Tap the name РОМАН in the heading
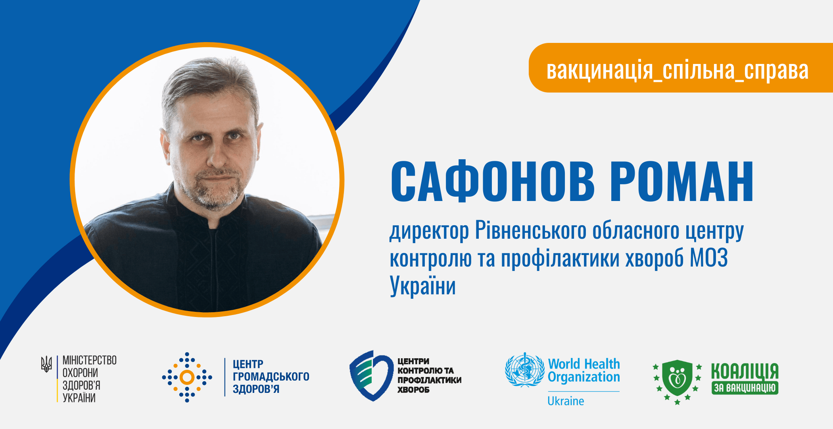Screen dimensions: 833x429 pyautogui.click(x=681, y=182)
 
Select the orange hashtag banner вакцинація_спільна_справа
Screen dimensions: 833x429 pyautogui.click(x=681, y=68)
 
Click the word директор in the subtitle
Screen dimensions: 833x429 pyautogui.click(x=429, y=232)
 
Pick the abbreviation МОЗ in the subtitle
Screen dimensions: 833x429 pyautogui.click(x=709, y=258)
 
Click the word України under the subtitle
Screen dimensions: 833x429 pyautogui.click(x=423, y=286)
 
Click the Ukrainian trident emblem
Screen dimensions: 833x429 pyautogui.click(x=46, y=364)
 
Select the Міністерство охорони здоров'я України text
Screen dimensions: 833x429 pyautogui.click(x=89, y=379)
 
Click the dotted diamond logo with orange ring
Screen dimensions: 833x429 pyautogui.click(x=187, y=377)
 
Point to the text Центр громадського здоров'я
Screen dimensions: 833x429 pyautogui.click(x=271, y=377)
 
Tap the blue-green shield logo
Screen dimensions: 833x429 pyautogui.click(x=370, y=376)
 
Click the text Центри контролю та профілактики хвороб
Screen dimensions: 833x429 pyautogui.click(x=430, y=375)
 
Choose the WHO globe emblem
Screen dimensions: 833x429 pyautogui.click(x=524, y=370)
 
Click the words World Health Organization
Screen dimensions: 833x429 pyautogui.click(x=584, y=370)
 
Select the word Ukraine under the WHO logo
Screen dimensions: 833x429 pyautogui.click(x=566, y=401)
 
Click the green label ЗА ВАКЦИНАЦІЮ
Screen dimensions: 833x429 pyautogui.click(x=745, y=388)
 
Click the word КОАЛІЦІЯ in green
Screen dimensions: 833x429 pyautogui.click(x=745, y=371)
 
